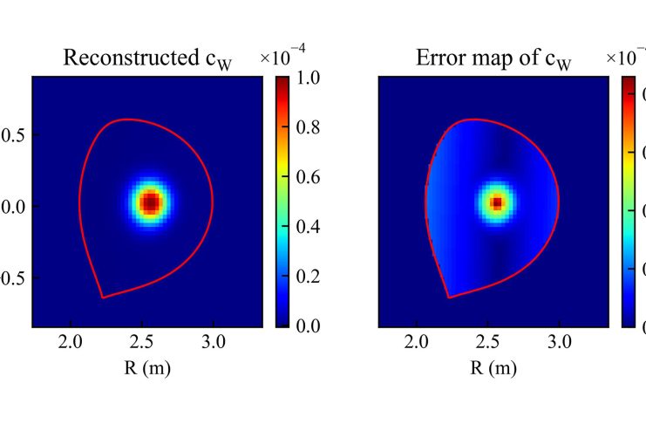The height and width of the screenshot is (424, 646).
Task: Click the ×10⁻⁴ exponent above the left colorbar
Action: pyautogui.click(x=285, y=56)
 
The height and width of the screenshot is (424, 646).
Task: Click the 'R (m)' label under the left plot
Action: pyautogui.click(x=146, y=367)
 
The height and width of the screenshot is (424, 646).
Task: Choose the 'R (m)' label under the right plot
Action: pyautogui.click(x=493, y=367)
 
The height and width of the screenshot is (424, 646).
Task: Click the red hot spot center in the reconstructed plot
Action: pyautogui.click(x=150, y=203)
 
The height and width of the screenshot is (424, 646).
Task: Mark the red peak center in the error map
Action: pyautogui.click(x=496, y=203)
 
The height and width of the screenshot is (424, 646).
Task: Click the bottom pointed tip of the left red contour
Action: pyautogui.click(x=103, y=297)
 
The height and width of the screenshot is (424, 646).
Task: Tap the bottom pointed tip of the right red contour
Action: pyautogui.click(x=449, y=297)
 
